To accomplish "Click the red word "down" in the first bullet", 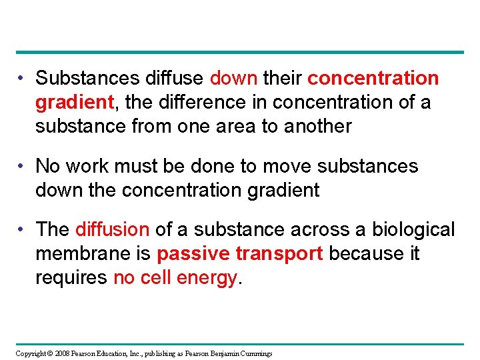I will [233, 79].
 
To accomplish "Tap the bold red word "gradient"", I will [74, 103].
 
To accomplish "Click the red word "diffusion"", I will [112, 230].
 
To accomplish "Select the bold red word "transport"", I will [280, 254].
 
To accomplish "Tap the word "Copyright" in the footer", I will [31, 353].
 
